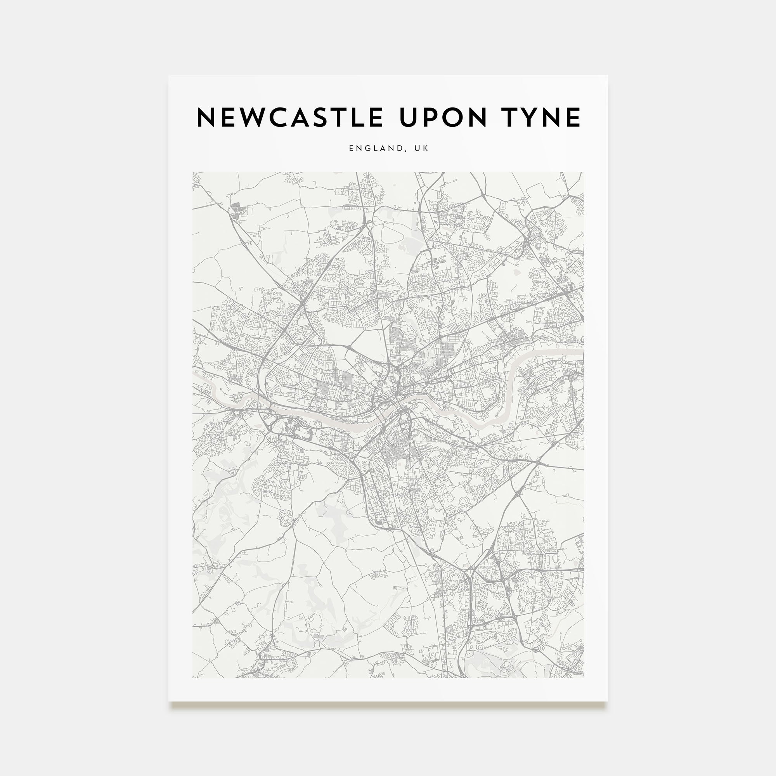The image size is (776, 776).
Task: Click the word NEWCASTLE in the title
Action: [x=289, y=118]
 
